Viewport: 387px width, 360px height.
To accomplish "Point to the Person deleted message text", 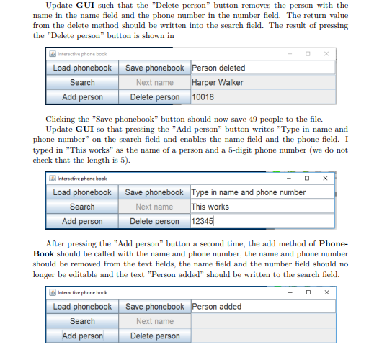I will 218,68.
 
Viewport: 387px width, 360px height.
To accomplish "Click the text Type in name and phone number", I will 249,192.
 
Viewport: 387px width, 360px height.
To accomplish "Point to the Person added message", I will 217,307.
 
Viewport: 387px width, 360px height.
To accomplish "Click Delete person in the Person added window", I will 154,336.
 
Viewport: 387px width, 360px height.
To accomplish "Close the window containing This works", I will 326,178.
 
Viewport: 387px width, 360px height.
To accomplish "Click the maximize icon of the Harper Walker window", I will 308,53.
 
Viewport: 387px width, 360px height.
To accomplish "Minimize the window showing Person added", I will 290,292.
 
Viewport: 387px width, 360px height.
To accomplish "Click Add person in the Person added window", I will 82,336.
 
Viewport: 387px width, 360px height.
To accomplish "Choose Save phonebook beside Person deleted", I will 154,68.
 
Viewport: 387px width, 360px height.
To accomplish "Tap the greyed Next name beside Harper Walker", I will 154,82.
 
